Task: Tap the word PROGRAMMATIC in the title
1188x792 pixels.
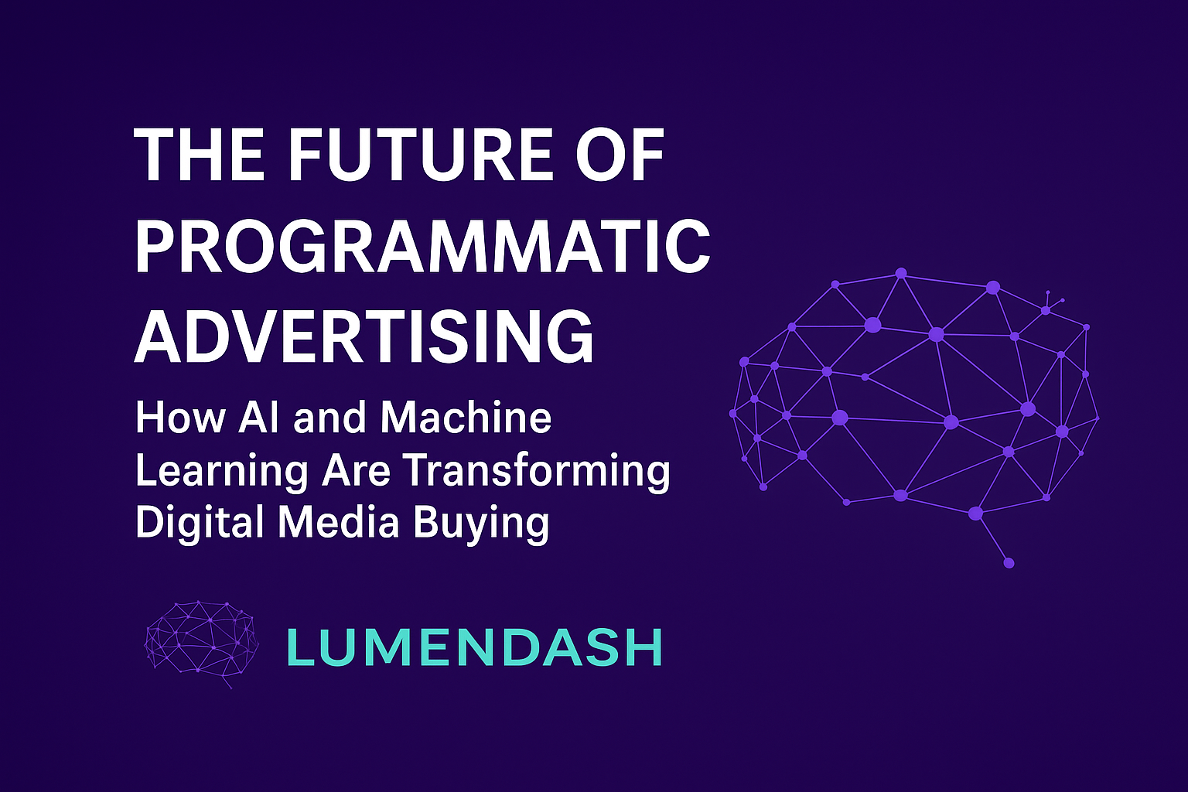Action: click(x=422, y=246)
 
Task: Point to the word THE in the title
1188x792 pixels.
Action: click(x=201, y=155)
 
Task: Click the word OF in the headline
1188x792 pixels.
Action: click(x=620, y=155)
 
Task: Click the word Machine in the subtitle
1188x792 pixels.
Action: click(x=466, y=418)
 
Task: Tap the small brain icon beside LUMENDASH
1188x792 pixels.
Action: click(x=202, y=643)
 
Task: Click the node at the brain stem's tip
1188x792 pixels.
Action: click(x=1009, y=563)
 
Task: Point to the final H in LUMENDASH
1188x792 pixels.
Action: click(x=645, y=647)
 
